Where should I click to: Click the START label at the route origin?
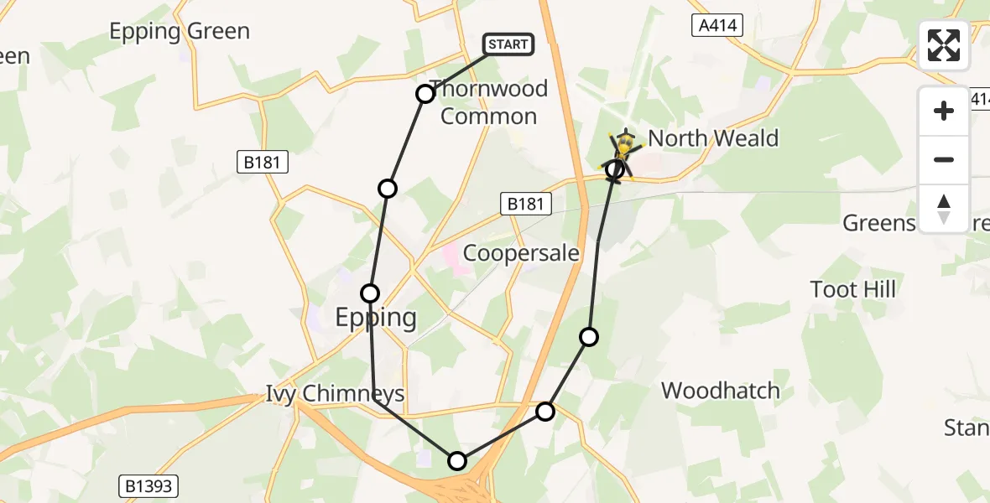point(508,44)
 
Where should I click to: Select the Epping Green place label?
point(180,32)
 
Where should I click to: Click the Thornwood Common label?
point(488,102)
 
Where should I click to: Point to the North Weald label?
point(713,138)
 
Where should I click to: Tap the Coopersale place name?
point(521,252)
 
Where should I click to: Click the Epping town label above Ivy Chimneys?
point(376,317)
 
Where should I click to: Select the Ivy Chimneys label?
point(335,394)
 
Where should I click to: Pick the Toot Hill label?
point(852,290)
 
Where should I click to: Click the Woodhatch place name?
point(720,391)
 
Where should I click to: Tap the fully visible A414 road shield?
point(718,26)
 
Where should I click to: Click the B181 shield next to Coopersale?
point(526,203)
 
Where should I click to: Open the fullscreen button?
point(944,45)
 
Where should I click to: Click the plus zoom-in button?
point(944,111)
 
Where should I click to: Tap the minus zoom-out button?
point(944,159)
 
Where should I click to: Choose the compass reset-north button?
point(944,208)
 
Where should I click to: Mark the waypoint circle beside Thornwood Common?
point(425,93)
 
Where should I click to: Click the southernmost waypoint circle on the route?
point(456,460)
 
